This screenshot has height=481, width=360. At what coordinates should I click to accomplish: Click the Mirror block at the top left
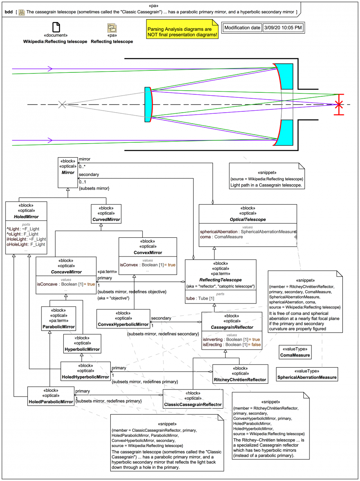point(67,172)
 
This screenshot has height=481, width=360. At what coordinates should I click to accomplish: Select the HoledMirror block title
point(26,216)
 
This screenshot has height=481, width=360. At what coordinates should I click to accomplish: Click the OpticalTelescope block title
point(247,219)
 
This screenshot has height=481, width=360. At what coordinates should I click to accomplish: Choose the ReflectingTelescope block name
point(220,280)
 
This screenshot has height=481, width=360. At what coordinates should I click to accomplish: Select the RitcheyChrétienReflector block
point(240,380)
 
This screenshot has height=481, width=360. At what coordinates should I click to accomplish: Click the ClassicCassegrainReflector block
point(193,404)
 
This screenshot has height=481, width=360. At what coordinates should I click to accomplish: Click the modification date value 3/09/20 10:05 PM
point(283,28)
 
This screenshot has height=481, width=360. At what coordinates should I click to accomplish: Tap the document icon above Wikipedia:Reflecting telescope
point(56,27)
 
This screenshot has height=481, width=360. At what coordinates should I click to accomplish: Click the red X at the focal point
point(339,104)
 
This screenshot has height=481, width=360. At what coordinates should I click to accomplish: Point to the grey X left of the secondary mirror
point(62,104)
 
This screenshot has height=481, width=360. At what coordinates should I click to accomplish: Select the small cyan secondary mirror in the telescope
point(148,104)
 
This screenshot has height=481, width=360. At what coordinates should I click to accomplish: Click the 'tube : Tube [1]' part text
point(200,298)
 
